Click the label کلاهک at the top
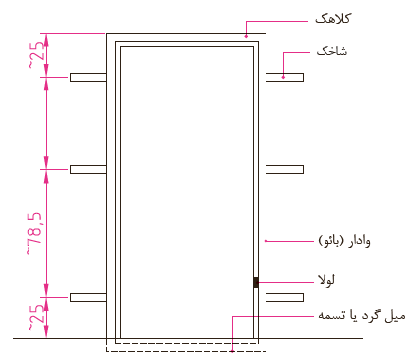(x=332, y=19)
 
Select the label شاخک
(x=331, y=51)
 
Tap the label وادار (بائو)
(x=344, y=241)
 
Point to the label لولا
(x=326, y=280)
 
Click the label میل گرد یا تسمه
(x=362, y=316)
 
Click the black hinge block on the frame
(x=256, y=282)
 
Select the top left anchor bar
(x=88, y=77)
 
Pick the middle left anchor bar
(x=88, y=169)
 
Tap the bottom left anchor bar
(x=88, y=297)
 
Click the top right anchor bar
(x=284, y=77)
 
